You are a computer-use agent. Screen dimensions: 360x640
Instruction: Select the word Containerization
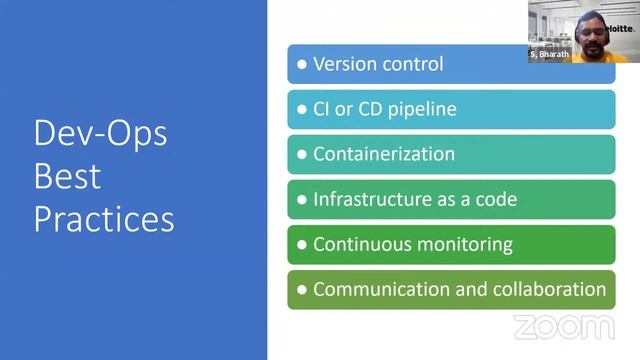384,154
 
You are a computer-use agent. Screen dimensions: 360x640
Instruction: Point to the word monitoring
460,244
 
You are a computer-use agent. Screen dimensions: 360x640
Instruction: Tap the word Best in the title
67,176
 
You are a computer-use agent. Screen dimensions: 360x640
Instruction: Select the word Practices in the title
104,219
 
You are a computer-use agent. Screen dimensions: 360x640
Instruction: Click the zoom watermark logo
564,327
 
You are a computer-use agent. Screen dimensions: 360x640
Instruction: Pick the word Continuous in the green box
358,244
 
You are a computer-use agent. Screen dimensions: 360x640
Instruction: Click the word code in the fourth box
496,199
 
